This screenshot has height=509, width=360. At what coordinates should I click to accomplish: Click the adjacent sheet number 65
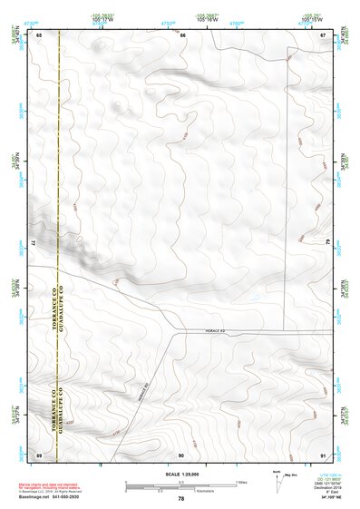40,34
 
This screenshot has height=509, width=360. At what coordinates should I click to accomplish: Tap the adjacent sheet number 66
182,34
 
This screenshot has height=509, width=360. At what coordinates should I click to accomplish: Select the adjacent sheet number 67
323,34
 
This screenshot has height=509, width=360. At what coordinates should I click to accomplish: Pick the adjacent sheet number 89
40,454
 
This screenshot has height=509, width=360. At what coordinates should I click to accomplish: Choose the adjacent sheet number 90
181,454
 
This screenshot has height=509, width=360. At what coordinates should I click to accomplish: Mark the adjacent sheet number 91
323,454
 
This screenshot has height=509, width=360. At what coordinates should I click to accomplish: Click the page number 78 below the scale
181,498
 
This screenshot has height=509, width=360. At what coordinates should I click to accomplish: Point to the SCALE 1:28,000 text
180,475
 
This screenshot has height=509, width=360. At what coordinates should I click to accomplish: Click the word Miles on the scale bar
240,482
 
